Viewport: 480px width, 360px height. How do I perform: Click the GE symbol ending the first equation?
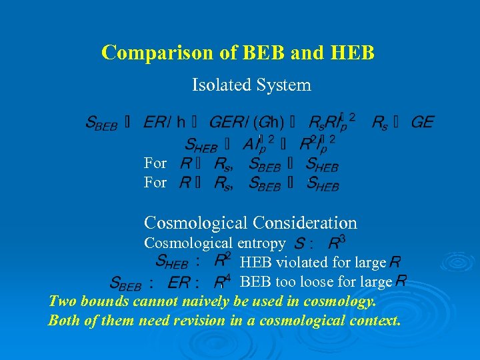point(422,122)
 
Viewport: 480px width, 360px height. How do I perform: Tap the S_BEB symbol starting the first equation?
point(101,123)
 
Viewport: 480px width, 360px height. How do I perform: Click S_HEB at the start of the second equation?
point(200,144)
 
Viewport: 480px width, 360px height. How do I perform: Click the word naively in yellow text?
point(200,301)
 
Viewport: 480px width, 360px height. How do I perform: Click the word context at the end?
point(374,321)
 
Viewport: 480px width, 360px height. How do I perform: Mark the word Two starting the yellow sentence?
point(62,301)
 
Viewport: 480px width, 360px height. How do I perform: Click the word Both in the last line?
point(64,321)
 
